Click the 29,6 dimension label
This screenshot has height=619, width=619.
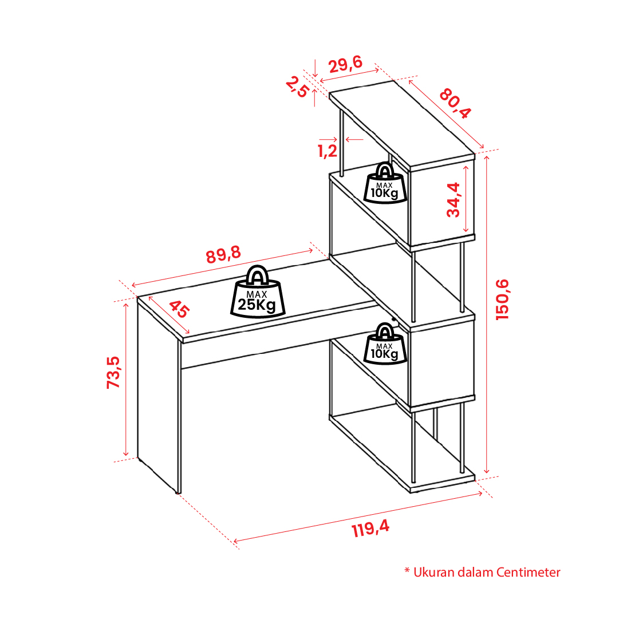coord(345,64)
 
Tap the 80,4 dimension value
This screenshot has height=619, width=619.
coord(455,104)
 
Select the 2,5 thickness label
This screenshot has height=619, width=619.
coord(297,87)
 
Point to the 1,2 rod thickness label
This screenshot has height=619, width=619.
coord(328,151)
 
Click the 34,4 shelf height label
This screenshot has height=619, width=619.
coord(454,200)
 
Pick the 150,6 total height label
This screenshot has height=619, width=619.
coord(503,299)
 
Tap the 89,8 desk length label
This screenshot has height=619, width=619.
coord(223,255)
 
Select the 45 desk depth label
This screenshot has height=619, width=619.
coord(179,309)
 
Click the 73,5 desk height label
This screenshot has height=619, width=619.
coord(113,373)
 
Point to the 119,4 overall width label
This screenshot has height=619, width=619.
coord(370,528)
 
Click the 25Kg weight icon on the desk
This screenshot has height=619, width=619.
coord(258,292)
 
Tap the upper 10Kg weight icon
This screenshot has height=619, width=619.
coord(385,183)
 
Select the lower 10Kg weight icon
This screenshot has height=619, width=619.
coord(385,344)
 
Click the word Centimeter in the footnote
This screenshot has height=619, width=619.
coord(528,572)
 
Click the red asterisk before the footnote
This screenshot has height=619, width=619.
coord(407,570)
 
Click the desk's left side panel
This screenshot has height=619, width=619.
coord(158,395)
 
